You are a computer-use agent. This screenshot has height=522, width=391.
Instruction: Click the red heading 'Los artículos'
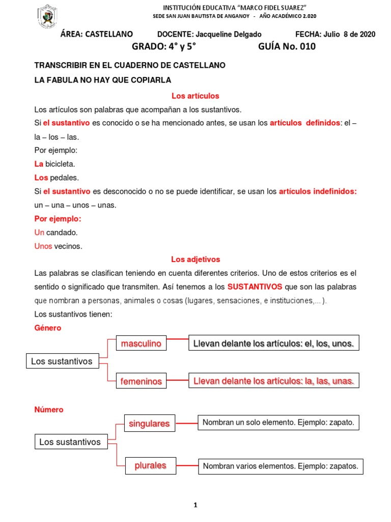(195, 96)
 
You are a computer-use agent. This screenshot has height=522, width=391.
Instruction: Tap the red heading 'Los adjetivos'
(195, 259)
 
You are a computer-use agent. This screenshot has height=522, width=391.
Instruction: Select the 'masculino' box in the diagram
(141, 344)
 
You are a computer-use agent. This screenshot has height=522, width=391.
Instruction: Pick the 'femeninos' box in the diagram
(141, 381)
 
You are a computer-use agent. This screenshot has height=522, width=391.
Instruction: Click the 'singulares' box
(149, 424)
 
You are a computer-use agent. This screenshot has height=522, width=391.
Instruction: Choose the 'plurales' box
(150, 465)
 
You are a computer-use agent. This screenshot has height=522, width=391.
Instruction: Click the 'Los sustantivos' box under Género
(62, 361)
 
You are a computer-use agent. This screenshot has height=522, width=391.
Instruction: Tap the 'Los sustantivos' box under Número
(70, 442)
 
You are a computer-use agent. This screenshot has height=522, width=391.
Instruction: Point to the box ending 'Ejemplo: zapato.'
(278, 423)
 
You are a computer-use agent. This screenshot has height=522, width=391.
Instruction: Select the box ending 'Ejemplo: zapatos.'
(281, 465)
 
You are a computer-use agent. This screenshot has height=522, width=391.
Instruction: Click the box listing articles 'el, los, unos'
(273, 344)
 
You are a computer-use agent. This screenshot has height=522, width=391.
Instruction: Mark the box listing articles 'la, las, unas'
(273, 381)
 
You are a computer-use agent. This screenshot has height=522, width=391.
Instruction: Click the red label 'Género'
(47, 328)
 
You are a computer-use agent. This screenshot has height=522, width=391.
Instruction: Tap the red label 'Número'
(49, 409)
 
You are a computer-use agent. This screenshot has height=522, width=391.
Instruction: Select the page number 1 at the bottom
(195, 505)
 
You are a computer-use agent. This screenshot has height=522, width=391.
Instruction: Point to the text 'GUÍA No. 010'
(287, 47)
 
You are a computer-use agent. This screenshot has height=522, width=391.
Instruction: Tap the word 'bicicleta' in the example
(60, 164)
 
